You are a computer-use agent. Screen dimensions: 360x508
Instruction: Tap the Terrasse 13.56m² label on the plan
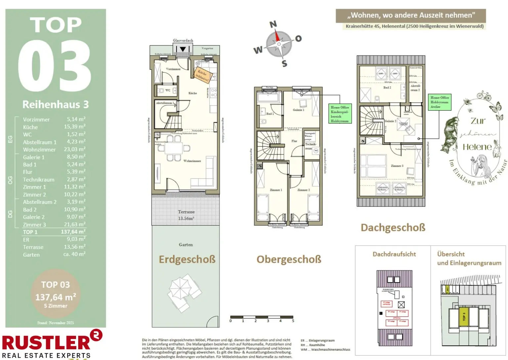click(x=186, y=215)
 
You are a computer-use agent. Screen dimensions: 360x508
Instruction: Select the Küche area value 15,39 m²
click(x=74, y=127)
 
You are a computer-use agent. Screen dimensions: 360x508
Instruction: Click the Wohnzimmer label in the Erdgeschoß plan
click(x=192, y=161)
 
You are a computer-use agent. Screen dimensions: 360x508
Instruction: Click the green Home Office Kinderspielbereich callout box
click(x=340, y=114)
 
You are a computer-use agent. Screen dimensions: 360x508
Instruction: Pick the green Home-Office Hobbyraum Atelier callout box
click(x=440, y=102)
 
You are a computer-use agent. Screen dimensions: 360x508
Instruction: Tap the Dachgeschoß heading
click(x=393, y=228)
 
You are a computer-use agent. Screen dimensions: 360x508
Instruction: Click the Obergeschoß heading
click(x=289, y=259)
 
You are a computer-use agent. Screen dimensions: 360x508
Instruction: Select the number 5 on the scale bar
click(x=293, y=321)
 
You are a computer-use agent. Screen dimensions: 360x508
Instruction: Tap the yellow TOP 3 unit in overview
click(x=464, y=317)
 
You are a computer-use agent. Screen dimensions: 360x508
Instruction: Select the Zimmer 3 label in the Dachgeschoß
click(x=397, y=166)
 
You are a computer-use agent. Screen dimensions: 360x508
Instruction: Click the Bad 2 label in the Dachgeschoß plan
click(x=387, y=88)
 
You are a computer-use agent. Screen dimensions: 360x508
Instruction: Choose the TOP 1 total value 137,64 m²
click(x=73, y=232)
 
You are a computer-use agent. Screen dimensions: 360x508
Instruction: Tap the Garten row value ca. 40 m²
click(x=74, y=254)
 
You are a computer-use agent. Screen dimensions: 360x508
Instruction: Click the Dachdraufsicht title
click(x=394, y=254)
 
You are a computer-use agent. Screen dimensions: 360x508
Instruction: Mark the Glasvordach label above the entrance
click(x=183, y=41)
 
